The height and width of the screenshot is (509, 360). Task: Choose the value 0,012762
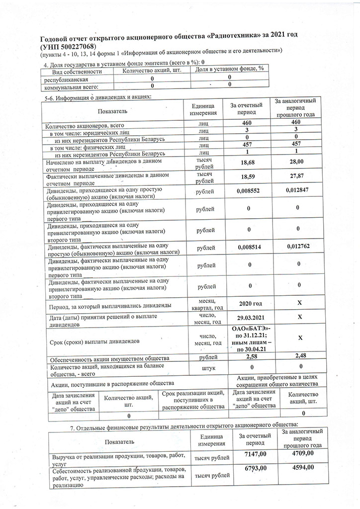301,246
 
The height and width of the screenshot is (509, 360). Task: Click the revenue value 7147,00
256,454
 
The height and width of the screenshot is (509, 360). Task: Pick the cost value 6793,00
256,468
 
